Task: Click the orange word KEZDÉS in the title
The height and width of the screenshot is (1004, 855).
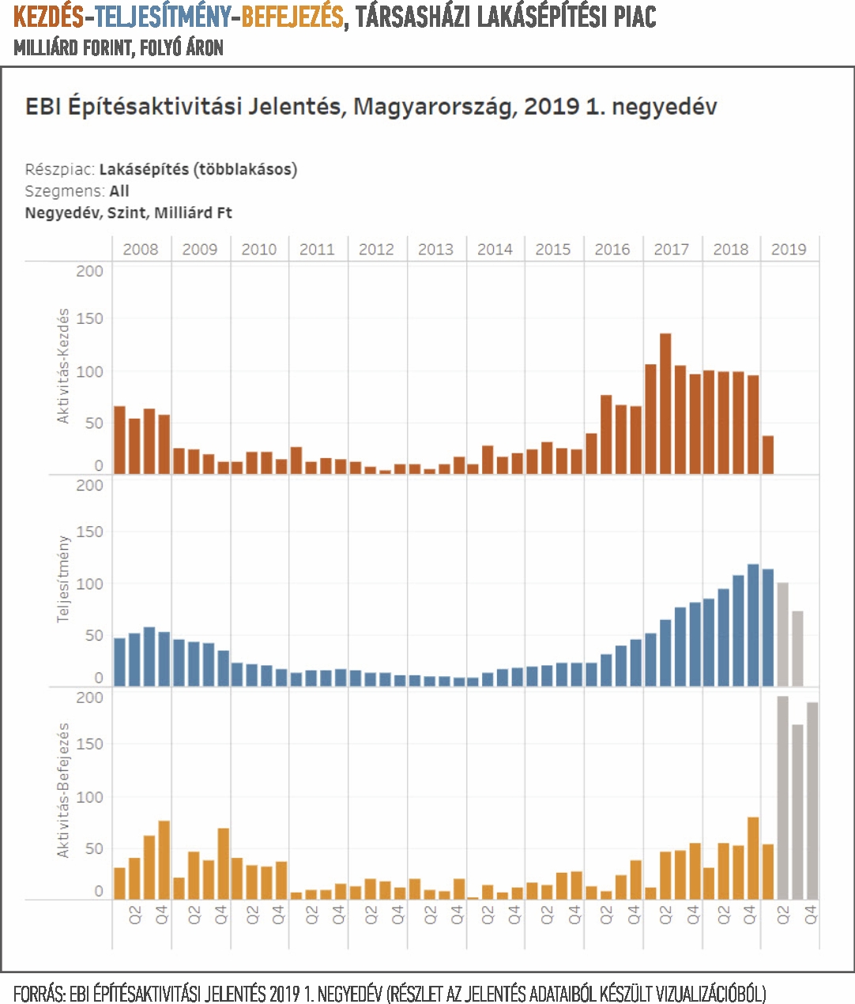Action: tap(48, 17)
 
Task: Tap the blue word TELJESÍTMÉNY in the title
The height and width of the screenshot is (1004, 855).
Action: tap(163, 17)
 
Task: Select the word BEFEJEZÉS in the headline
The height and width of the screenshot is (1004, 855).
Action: tap(292, 17)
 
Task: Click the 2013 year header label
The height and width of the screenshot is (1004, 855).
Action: tap(435, 250)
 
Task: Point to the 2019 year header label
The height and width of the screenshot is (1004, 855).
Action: tap(789, 250)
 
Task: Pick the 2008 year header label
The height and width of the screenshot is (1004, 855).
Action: tap(141, 250)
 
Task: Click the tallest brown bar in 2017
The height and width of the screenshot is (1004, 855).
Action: tap(665, 404)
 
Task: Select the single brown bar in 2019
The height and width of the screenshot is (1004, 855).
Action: tap(768, 455)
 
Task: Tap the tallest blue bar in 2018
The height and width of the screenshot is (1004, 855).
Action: tap(753, 625)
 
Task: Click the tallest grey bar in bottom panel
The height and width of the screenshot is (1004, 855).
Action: tap(782, 798)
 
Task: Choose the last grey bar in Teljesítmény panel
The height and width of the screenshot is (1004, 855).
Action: tap(797, 649)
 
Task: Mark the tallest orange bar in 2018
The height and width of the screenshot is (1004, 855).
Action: tap(753, 859)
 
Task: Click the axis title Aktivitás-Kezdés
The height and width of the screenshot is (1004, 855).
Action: tap(63, 367)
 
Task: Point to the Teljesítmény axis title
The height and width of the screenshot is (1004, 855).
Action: tap(63, 579)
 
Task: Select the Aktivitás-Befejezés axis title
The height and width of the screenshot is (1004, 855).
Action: tap(63, 790)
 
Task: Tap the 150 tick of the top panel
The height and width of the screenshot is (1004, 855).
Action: tap(90, 318)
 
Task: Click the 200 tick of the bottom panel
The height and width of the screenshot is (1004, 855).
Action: tap(90, 698)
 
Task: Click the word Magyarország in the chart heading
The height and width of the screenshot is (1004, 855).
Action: tap(433, 107)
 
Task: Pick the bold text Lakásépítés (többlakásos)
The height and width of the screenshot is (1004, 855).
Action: tap(198, 170)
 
